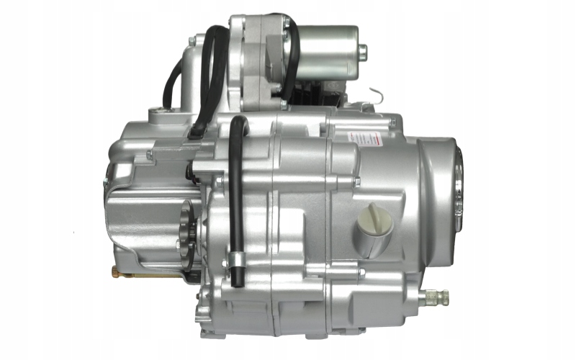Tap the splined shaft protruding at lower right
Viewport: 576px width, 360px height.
pos(435,295)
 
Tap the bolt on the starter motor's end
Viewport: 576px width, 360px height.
pos(362,50)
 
